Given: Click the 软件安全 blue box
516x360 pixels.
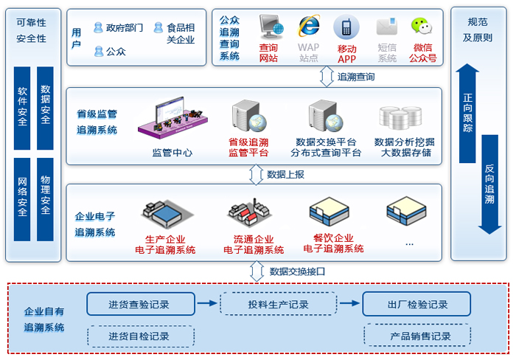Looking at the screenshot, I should [x=22, y=107].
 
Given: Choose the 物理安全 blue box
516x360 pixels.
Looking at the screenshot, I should [x=46, y=195].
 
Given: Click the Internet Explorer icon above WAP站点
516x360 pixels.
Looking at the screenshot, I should [x=309, y=26].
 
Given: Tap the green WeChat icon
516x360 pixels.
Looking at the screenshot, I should [x=421, y=27].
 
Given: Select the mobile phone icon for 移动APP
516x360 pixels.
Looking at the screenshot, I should [x=346, y=27].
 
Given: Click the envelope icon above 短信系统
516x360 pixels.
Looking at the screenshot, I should [x=386, y=27].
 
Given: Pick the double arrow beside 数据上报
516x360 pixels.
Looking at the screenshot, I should [x=257, y=174].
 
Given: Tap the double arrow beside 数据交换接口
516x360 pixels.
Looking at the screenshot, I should [x=257, y=271].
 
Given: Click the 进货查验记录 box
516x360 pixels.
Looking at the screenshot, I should [x=141, y=304].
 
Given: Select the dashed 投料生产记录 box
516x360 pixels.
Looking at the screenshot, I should [x=279, y=304].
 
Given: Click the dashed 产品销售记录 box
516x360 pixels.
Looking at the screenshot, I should [x=417, y=336].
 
